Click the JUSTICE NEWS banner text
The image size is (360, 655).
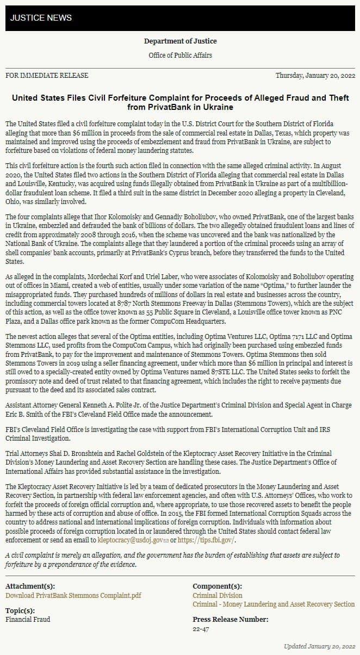(41, 18)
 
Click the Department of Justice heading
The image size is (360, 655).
(180, 41)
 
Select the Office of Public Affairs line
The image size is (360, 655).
(180, 55)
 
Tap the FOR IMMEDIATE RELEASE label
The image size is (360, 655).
(47, 76)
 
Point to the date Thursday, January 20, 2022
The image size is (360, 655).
(315, 76)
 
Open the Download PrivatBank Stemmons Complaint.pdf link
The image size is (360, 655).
(73, 595)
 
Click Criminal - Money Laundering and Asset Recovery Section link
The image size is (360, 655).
(274, 604)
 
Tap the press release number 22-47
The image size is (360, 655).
(201, 629)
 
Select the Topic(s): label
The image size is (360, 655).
(20, 610)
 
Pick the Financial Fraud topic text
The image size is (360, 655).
(28, 619)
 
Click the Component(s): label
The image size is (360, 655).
(218, 586)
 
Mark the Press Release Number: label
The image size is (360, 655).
(230, 619)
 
